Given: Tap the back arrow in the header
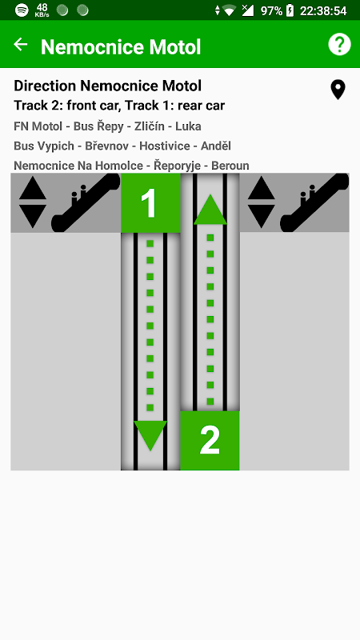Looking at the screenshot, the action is coord(21,44).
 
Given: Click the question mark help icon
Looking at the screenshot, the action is coord(339,44).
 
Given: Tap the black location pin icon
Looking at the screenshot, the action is coord(338,90).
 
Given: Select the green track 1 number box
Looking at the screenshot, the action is coord(150,203).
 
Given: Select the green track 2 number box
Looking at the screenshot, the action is coord(210,441).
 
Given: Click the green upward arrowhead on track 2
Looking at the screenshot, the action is coord(210,209).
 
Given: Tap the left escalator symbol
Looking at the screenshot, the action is coord(86,203).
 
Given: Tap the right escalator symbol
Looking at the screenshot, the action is coord(314,203).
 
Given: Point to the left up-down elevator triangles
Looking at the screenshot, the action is coord(33,203).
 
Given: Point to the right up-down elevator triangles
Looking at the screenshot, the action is coord(262,203).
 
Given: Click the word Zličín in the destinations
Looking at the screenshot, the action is coord(150,126).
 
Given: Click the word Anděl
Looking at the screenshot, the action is coord(216,146).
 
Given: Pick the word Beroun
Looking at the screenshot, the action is coord(230,166).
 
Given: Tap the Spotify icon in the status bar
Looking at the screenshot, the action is coord(22,10).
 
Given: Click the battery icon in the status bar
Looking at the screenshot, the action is coord(290,10).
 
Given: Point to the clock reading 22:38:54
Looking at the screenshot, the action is coord(323,10).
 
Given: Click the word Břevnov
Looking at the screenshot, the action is coord(107,146).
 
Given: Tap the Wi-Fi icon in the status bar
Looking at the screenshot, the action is coord(230,10).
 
